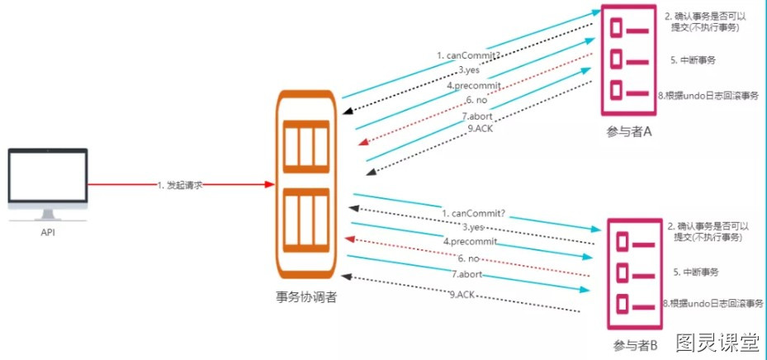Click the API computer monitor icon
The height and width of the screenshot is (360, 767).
[48, 184]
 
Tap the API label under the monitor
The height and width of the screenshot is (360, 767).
[48, 233]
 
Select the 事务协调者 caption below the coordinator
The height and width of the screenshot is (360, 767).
[306, 297]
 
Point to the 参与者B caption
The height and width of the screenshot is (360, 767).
[635, 345]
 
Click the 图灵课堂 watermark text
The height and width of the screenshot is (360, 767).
[718, 343]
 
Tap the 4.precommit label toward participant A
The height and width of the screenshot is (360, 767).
[475, 86]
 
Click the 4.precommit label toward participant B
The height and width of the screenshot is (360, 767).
[470, 241]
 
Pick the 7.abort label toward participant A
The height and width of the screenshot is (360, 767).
[477, 116]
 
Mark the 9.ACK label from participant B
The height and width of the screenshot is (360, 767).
[462, 294]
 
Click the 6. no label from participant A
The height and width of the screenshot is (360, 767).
[477, 100]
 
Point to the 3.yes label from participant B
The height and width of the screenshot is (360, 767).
[473, 227]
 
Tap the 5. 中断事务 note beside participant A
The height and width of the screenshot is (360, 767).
[694, 60]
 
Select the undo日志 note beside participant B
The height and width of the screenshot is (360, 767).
[713, 303]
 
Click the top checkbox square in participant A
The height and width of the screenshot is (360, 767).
[617, 28]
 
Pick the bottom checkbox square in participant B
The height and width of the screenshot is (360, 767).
[622, 304]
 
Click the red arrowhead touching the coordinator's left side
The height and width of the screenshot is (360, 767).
[269, 184]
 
